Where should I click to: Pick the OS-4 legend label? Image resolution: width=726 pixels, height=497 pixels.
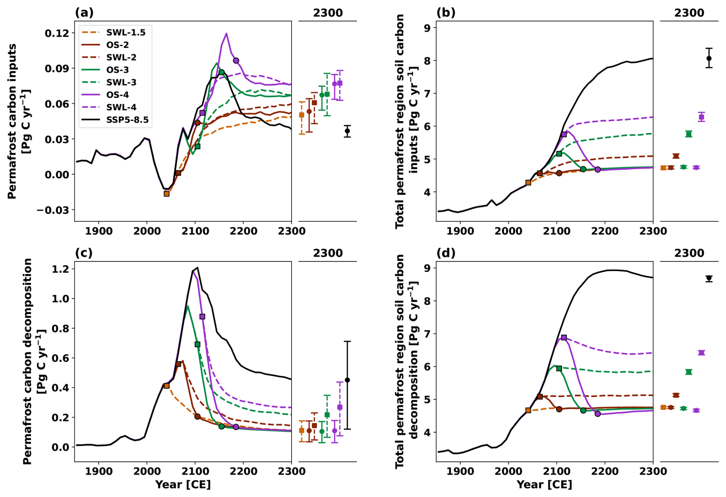(117, 95)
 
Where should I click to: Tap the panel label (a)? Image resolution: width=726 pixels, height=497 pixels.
(84, 13)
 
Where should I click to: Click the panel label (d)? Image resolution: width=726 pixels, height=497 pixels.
(445, 253)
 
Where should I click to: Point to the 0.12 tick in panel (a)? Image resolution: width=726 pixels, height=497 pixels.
(57, 33)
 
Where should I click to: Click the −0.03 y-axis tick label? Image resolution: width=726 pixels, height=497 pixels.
(53, 210)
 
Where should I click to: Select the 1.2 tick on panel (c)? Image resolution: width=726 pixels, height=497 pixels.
(61, 269)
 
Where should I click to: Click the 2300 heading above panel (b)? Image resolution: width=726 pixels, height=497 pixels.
(689, 13)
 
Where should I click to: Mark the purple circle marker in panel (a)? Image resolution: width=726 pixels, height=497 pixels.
(236, 61)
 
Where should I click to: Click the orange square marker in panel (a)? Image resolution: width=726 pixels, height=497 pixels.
(167, 194)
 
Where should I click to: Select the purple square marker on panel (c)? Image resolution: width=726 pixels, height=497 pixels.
(202, 317)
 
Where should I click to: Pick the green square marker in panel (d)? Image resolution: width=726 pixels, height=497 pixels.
(559, 368)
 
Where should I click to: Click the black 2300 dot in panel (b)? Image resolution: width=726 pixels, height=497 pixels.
(709, 58)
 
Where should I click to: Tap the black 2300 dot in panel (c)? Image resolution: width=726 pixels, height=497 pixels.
(347, 380)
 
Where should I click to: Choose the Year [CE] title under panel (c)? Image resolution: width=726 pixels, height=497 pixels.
(183, 485)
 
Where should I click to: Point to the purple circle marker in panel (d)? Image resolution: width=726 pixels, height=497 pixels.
(597, 414)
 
